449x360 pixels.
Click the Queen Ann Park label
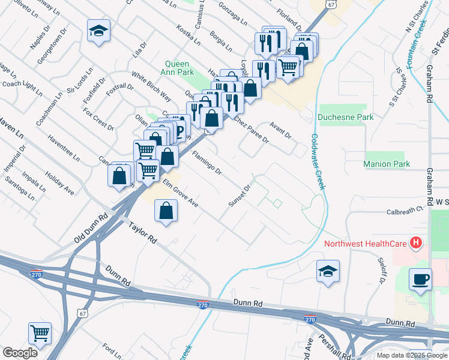(x=177, y=68)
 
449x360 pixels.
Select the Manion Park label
(x=387, y=164)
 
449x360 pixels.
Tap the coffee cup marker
(x=421, y=280)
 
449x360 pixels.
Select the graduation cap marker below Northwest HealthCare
(x=328, y=271)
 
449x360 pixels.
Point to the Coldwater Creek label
(x=317, y=161)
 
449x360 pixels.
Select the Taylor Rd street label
(x=143, y=232)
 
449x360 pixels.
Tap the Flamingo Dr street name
(x=207, y=163)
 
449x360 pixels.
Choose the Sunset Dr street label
(x=238, y=196)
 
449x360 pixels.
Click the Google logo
(x=20, y=353)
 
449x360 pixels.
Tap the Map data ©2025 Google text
(x=412, y=355)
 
